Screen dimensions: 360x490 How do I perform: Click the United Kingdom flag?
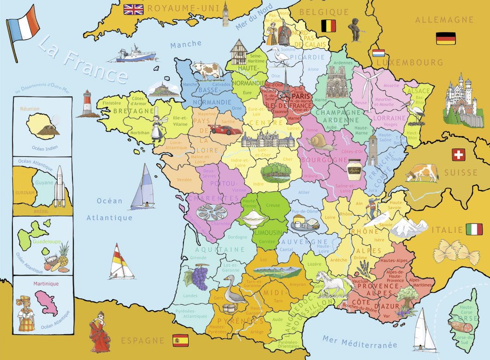134,9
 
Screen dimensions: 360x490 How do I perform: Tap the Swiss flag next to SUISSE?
458,155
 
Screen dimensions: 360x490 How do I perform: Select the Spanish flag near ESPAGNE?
180,340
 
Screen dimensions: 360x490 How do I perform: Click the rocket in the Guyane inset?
59,186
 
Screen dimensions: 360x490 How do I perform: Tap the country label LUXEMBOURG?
409,62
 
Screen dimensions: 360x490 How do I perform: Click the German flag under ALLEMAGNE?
445,38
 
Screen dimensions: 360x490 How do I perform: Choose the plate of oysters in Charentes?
212,213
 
